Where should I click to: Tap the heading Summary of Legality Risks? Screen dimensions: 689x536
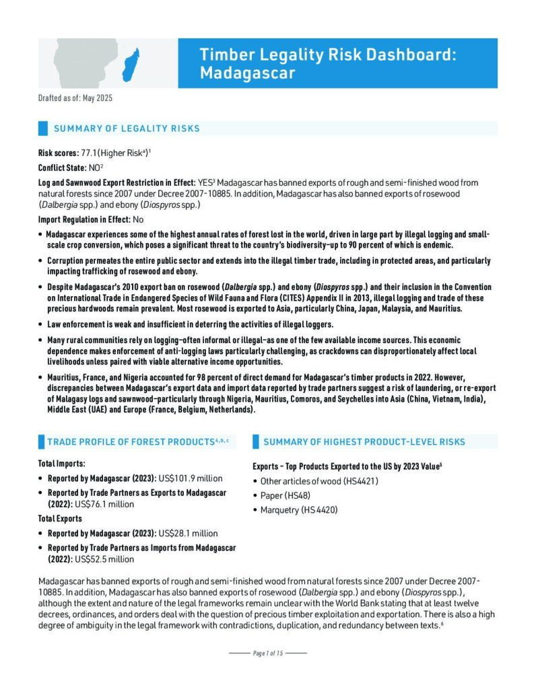pos(127,129)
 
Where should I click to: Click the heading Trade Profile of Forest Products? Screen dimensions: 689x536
pos(130,441)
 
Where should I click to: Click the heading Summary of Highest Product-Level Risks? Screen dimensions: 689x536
pos(364,441)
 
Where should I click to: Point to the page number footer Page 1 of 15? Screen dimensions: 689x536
pos(268,653)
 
